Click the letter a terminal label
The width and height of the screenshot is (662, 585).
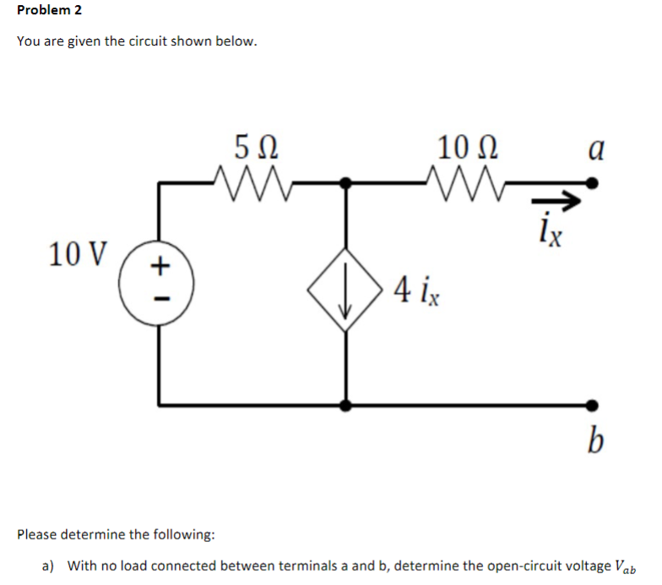[x=594, y=149]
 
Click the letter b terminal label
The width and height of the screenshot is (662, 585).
[x=596, y=439]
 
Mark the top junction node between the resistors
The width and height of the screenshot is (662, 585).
[x=345, y=181]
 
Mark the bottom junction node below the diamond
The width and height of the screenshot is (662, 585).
[x=345, y=404]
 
